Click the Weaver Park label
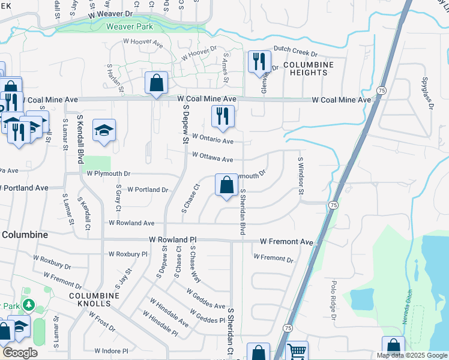pos(129,26)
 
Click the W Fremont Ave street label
pos(286,242)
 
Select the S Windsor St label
pos(300,175)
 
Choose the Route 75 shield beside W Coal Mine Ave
pos(381,89)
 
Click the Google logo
pos(20,353)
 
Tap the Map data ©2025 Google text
pos(412,355)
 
